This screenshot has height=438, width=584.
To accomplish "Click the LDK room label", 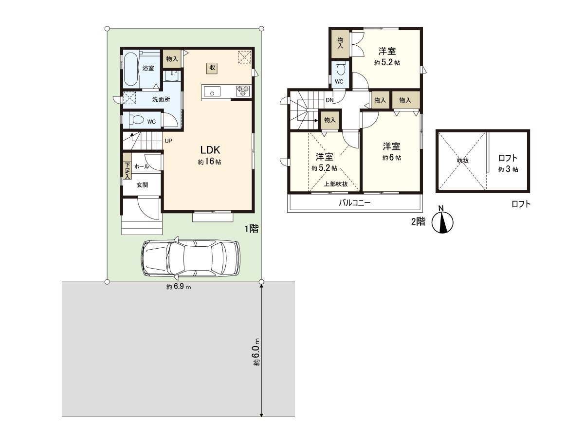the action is click(210, 150).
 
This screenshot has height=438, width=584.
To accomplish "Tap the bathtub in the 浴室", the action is click(130, 69).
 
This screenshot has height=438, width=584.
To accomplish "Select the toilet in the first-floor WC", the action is click(135, 120).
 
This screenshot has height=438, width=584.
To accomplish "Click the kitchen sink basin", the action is click(212, 92).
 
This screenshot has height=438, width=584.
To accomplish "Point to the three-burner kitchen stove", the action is click(243, 91).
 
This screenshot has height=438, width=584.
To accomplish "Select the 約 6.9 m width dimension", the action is click(179, 287).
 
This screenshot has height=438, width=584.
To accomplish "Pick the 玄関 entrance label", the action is click(142, 185).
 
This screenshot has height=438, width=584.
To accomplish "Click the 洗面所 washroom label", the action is click(161, 99).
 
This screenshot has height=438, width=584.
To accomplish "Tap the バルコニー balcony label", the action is click(355, 203).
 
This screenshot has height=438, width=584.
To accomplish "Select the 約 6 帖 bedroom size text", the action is click(392, 157).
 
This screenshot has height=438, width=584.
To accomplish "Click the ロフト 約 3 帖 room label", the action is click(508, 164).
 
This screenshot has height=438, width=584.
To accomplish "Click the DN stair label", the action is click(329, 100).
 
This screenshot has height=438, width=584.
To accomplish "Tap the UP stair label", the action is click(168, 141).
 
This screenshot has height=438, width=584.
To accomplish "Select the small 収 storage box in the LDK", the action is click(212, 68).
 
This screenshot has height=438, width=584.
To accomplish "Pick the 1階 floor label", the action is click(252, 228).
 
